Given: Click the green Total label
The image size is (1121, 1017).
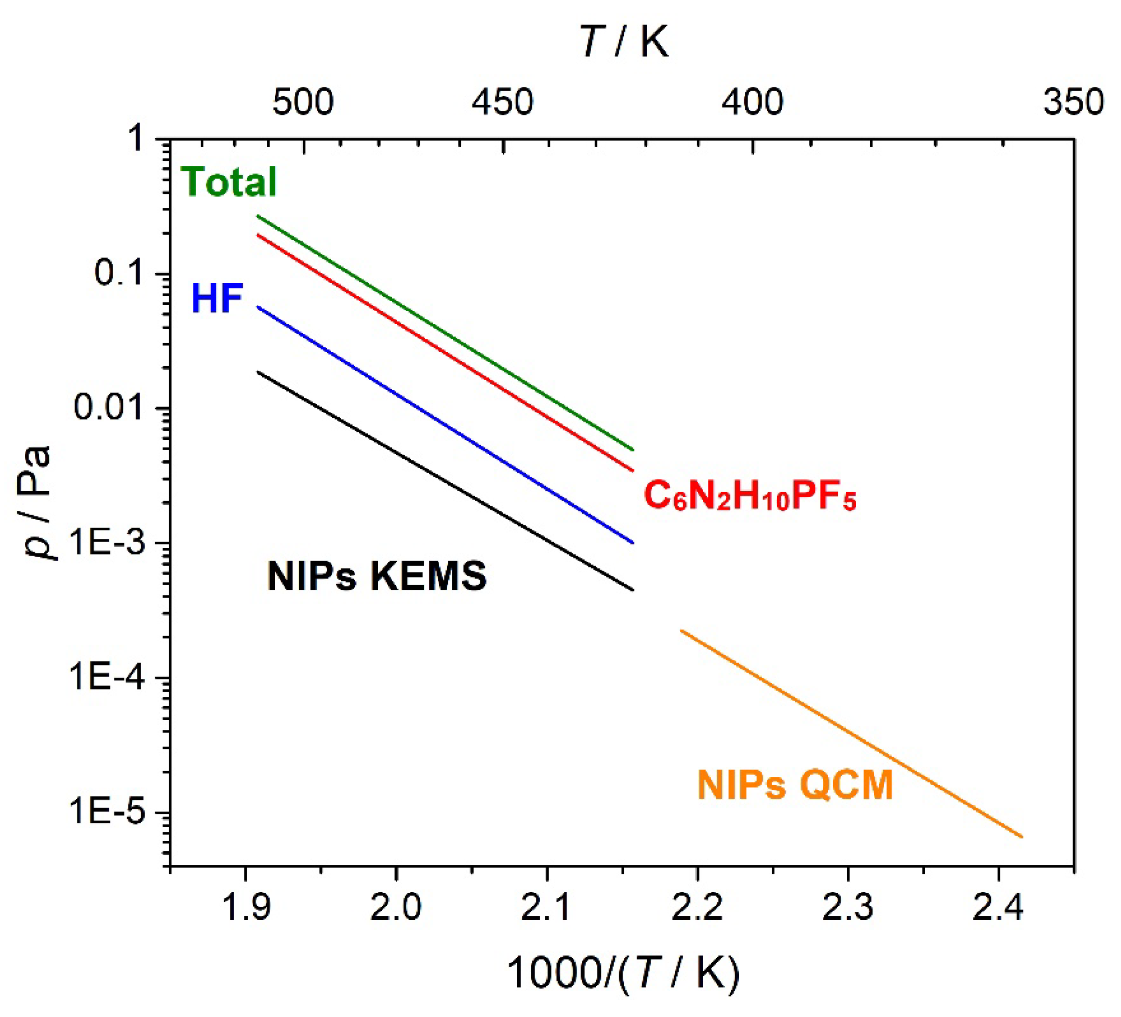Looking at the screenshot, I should pos(228,182).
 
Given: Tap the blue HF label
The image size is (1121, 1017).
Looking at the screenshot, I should pos(217,299).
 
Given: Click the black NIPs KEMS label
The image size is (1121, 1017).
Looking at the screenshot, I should pos(377,576).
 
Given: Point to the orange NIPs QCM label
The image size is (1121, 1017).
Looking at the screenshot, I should pos(795,785).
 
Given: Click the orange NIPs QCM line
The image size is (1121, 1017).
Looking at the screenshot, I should pos(851,733).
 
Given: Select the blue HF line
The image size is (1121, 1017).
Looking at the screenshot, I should pos(445,425).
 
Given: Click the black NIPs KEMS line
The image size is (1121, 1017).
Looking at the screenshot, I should pos(445,481).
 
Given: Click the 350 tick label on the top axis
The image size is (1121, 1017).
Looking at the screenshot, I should pos(1073,103).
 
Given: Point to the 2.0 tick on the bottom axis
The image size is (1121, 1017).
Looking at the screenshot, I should pos(396,908).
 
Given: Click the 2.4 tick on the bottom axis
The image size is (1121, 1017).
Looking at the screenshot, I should pos(998,908).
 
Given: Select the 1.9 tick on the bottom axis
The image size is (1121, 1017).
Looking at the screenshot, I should pos(245,908).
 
